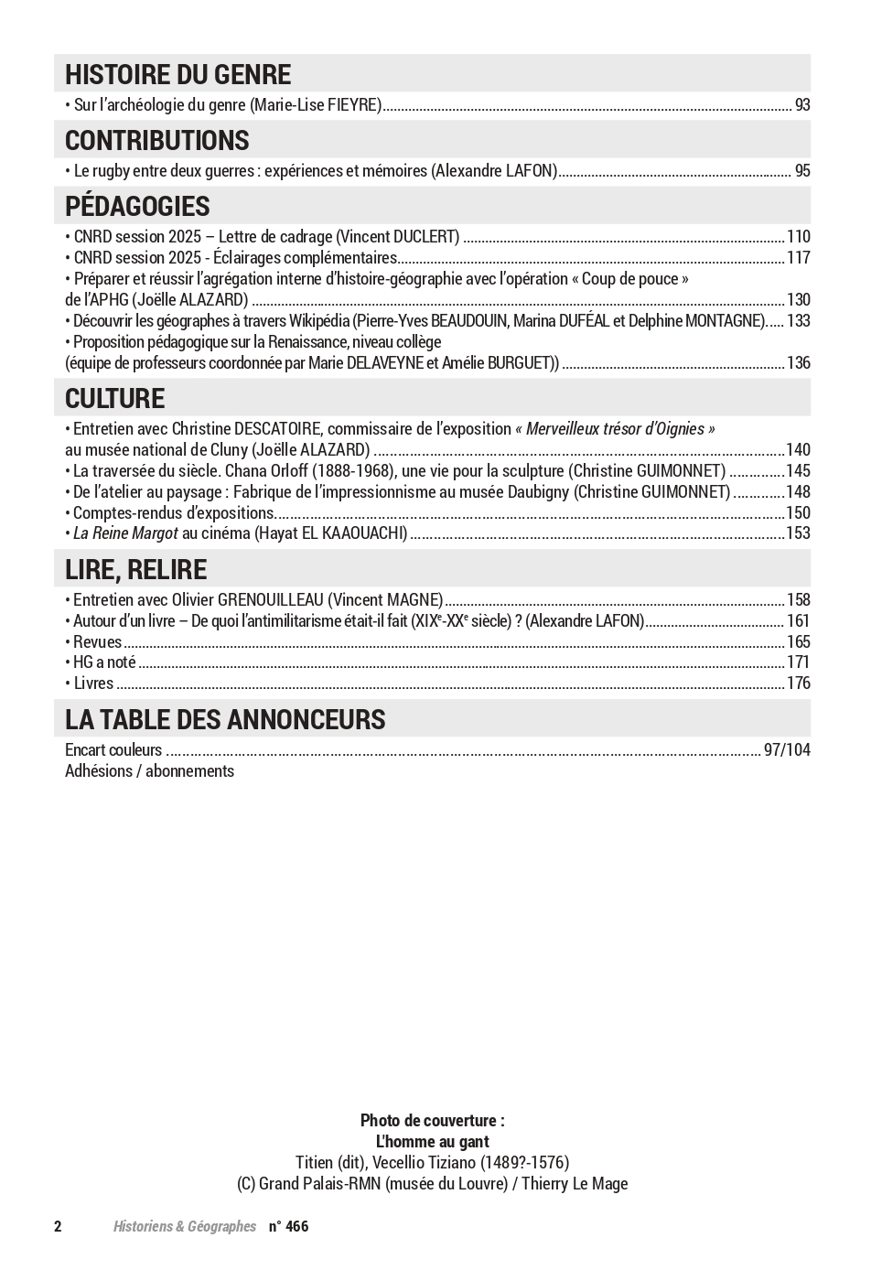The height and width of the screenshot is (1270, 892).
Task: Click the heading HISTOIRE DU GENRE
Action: click(177, 74)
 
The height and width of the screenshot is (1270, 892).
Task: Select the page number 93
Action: click(802, 105)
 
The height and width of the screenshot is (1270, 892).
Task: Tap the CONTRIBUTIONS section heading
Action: click(156, 140)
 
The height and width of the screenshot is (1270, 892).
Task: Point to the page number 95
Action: click(802, 171)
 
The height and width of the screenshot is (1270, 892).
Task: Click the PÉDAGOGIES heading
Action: click(137, 206)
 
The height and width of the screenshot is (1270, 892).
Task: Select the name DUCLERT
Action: click(427, 237)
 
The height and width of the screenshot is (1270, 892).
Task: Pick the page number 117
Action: click(799, 258)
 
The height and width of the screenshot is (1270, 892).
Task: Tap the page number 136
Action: click(799, 363)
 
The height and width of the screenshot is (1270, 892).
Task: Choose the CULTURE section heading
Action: click(114, 398)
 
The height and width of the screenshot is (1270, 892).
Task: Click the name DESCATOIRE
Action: click(276, 429)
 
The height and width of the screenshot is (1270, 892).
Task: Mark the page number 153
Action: click(799, 533)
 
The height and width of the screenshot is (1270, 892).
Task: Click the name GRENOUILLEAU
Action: click(270, 600)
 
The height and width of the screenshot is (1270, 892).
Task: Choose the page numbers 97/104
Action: click(787, 750)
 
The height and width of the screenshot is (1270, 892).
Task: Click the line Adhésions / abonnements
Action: click(149, 771)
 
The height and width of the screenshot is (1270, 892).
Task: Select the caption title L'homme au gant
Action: click(432, 1142)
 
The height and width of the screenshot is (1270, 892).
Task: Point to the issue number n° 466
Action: click(288, 1227)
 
